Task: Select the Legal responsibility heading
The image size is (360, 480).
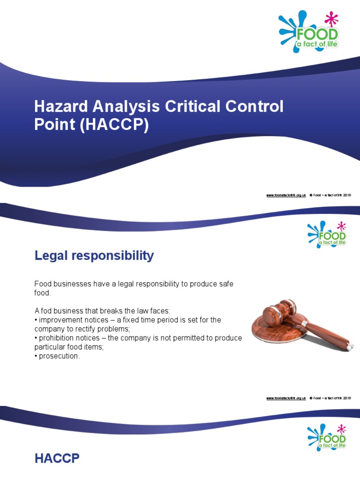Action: (x=94, y=256)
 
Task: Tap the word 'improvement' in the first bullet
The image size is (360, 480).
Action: (x=61, y=320)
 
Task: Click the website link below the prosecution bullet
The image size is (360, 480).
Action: (x=286, y=398)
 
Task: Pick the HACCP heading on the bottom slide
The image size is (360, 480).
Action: (x=57, y=459)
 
